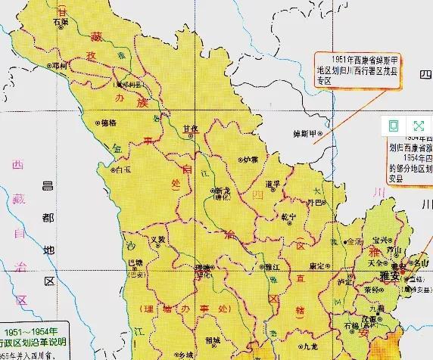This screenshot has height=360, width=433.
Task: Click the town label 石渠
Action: tap(61, 22)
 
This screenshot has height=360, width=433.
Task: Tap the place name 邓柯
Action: tap(55, 67)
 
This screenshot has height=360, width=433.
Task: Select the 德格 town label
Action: tap(108, 122)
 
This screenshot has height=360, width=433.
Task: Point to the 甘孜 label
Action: tap(190, 129)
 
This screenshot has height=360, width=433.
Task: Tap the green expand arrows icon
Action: tap(417, 126)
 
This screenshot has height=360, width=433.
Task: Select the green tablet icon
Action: tap(394, 126)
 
